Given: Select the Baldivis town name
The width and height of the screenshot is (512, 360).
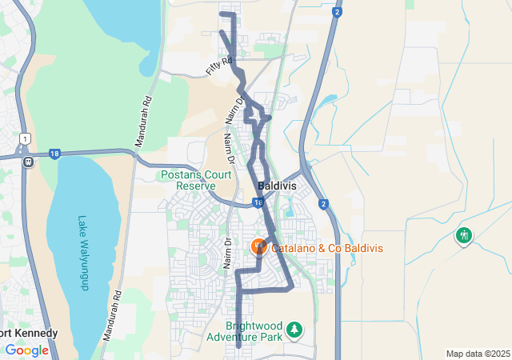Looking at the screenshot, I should (x=277, y=186).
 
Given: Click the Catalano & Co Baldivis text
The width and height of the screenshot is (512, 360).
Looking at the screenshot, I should (x=327, y=248).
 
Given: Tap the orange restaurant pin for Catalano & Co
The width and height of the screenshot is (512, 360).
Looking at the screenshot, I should (x=258, y=246).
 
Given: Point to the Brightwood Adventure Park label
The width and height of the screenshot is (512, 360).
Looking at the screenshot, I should (x=254, y=332).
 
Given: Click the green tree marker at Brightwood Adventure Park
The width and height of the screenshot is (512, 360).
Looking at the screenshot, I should (x=295, y=329).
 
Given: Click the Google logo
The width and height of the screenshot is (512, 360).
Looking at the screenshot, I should (x=26, y=350).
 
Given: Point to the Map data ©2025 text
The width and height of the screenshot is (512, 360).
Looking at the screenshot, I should (x=477, y=354).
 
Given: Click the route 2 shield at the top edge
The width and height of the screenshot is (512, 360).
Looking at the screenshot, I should (x=337, y=12).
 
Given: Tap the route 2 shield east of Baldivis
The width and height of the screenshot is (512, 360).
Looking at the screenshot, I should (x=322, y=204).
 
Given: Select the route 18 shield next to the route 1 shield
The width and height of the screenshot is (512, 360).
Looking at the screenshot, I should (x=54, y=154).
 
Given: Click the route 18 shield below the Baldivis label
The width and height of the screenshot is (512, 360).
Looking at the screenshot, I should (x=258, y=203).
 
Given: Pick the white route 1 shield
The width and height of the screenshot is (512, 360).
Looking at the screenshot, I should (x=26, y=139).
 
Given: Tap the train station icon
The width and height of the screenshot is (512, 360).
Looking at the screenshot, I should (x=28, y=161).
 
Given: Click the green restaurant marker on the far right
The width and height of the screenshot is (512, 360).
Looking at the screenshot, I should (x=464, y=235).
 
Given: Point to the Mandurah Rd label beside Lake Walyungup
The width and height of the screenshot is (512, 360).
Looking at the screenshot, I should (x=115, y=314).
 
